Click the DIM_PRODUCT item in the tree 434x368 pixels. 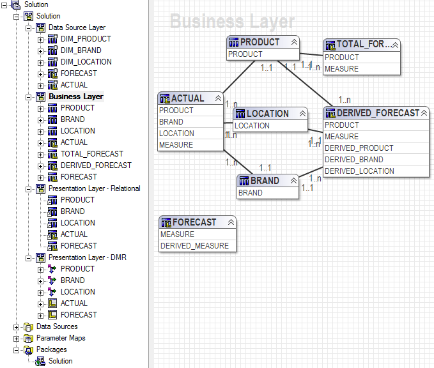pyautogui.click(x=86, y=39)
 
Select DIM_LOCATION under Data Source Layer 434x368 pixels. pyautogui.click(x=86, y=62)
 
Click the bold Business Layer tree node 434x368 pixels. pyautogui.click(x=75, y=96)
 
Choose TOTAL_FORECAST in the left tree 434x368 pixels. pyautogui.click(x=91, y=154)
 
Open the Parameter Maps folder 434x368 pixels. pyautogui.click(x=60, y=338)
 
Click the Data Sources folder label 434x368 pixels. pyautogui.click(x=57, y=326)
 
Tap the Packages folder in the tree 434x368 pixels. pyautogui.click(x=51, y=349)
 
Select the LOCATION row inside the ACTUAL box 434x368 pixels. pyautogui.click(x=176, y=134)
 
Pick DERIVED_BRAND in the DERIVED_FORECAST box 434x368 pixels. pyautogui.click(x=353, y=160)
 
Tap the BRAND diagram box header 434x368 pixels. pyautogui.click(x=265, y=181)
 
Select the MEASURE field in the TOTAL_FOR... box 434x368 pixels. pyautogui.click(x=341, y=69)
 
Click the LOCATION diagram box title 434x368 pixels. pyautogui.click(x=267, y=114)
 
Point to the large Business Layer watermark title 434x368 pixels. pyautogui.click(x=232, y=22)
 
